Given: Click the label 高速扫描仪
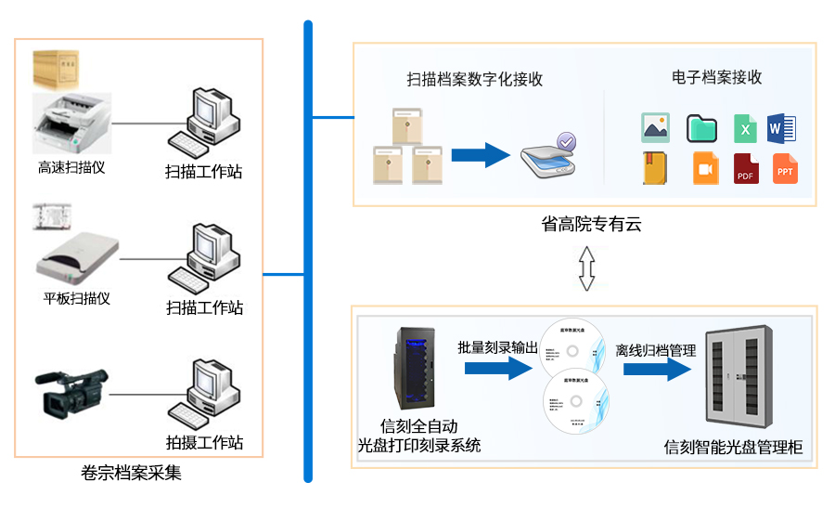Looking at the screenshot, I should pos(71,168).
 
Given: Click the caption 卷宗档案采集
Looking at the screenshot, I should pos(140,473).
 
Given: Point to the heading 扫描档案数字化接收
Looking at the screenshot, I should pos(474,79).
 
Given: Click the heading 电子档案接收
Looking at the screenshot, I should pos(717,77).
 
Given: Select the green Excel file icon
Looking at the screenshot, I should pos(744,128).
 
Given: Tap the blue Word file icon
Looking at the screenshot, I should pos(781,127).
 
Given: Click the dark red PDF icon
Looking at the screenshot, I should pos(745,169).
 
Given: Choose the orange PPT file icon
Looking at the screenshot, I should pos(785,169).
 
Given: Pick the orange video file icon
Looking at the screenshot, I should pos(705,168).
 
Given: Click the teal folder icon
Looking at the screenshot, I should pos(701,128).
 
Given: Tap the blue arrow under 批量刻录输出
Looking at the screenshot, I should pos(498,369).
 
